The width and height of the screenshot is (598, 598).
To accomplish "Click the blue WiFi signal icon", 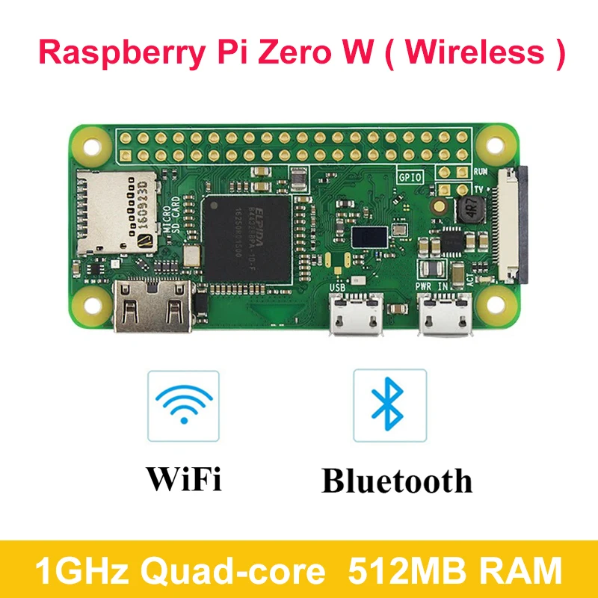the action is click(184, 404).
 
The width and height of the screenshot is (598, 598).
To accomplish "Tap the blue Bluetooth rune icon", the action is click(389, 404).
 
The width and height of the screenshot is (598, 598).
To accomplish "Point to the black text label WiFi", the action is click(184, 479).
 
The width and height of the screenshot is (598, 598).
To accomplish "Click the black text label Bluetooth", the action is click(397, 481).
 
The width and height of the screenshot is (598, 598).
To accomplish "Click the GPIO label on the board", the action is click(410, 178).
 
